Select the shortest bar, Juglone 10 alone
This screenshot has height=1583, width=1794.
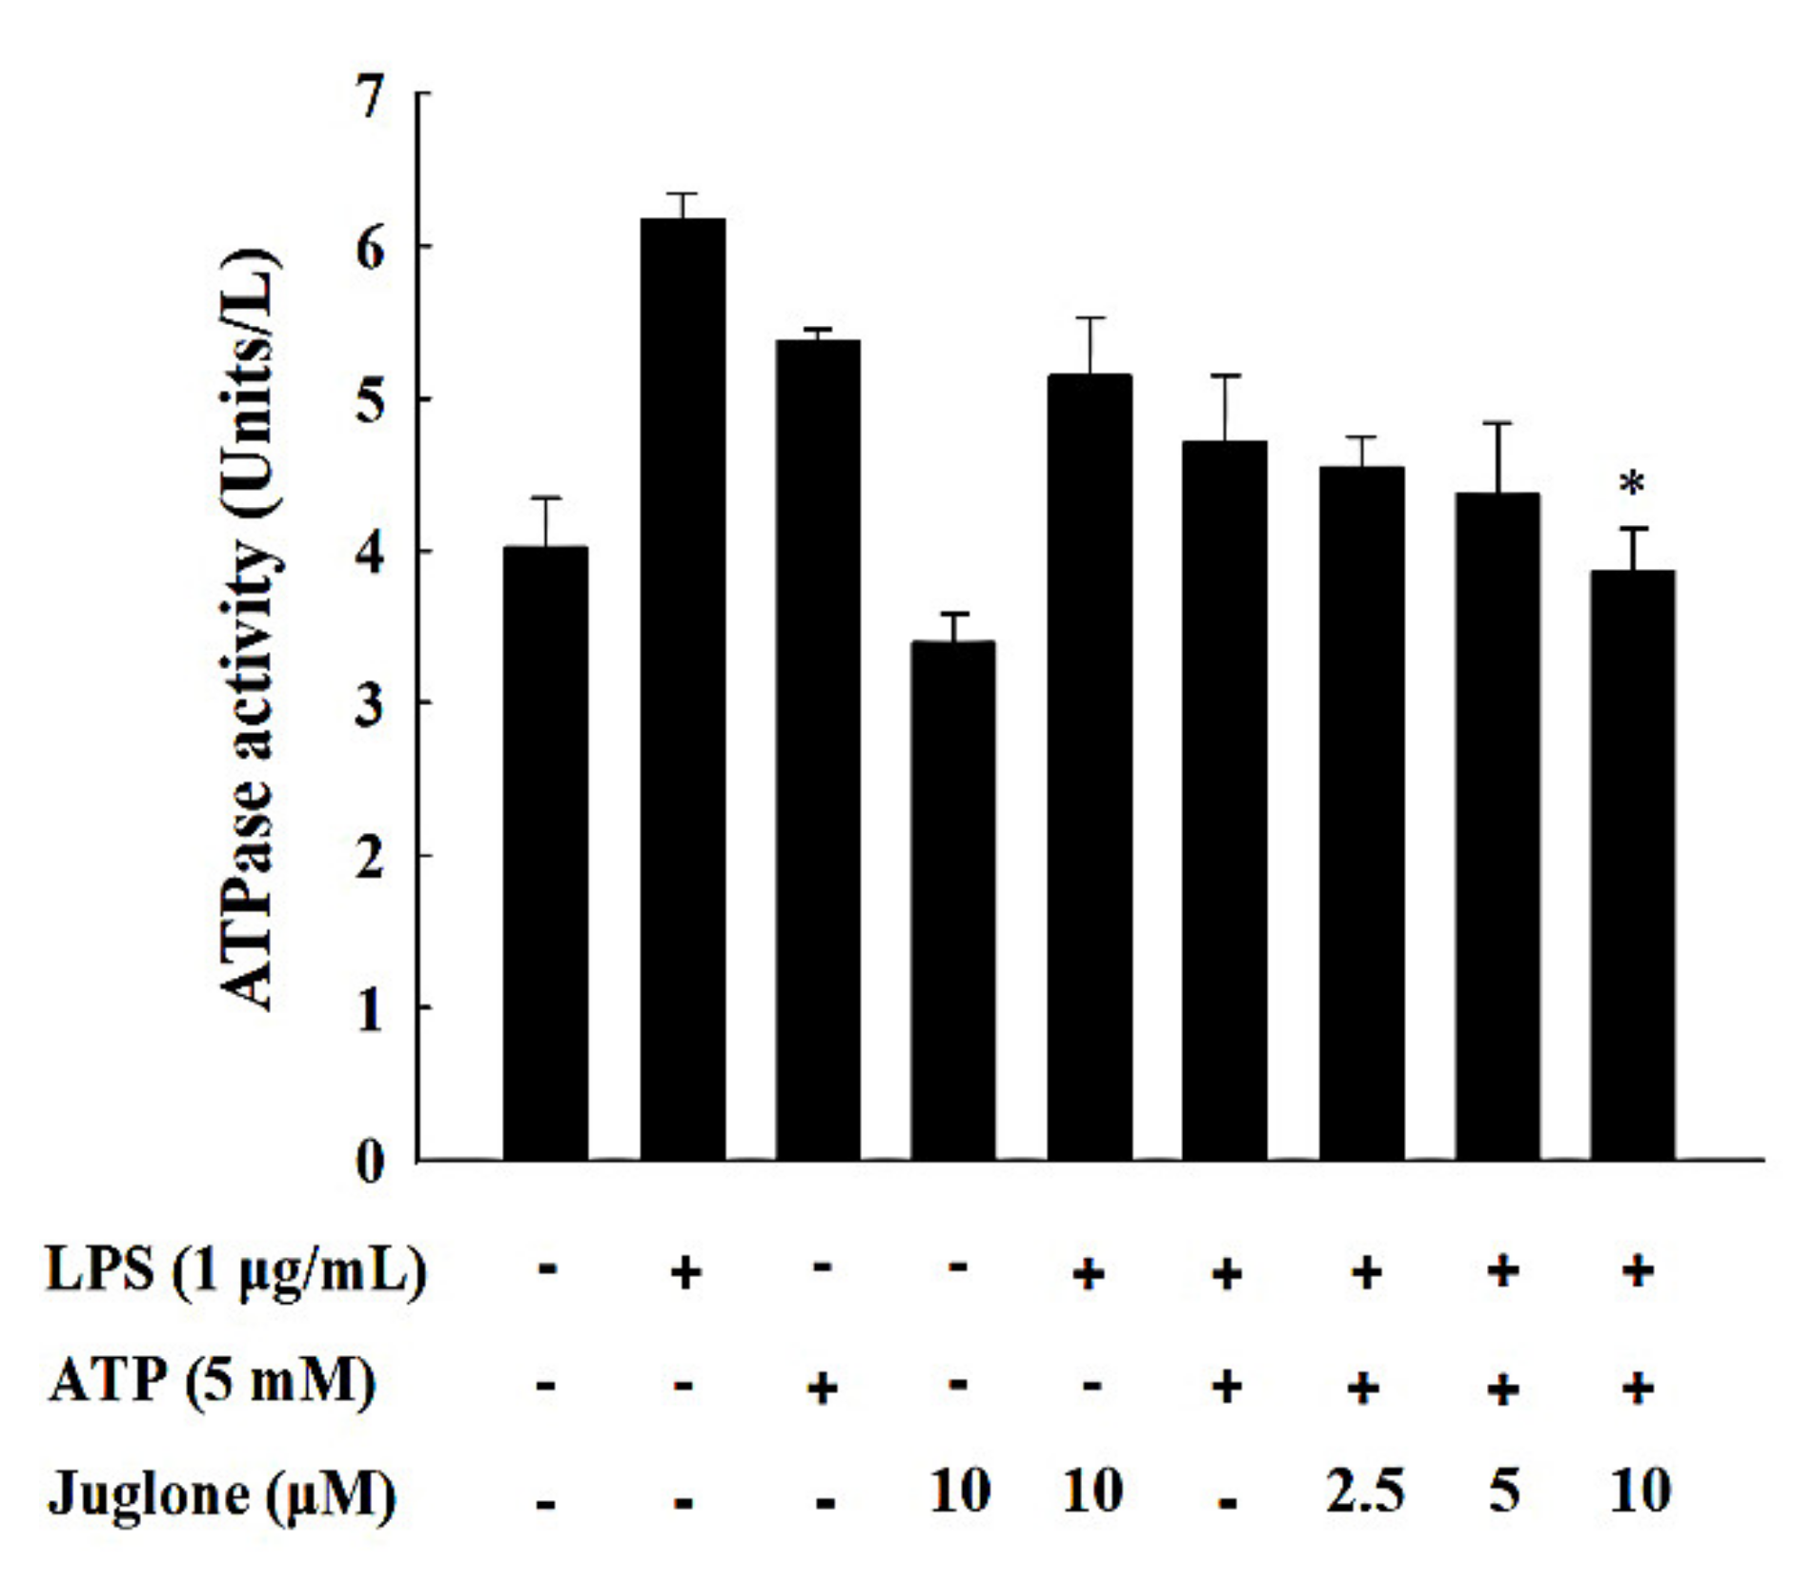952,900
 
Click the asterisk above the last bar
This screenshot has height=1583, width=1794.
1631,485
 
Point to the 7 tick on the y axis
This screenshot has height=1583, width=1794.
370,96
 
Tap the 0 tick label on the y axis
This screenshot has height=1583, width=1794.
370,1162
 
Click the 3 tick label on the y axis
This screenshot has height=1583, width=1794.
370,705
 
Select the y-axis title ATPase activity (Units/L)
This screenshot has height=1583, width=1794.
250,629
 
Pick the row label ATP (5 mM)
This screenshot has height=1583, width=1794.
212,1382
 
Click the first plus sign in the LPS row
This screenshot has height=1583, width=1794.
685,1272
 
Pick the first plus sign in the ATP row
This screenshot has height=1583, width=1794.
822,1388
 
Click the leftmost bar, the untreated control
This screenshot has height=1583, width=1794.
545,853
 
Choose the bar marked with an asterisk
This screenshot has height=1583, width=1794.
1631,864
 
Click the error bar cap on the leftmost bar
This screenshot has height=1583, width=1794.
545,498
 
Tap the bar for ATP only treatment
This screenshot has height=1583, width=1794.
818,749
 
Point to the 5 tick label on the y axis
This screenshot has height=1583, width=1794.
370,400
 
